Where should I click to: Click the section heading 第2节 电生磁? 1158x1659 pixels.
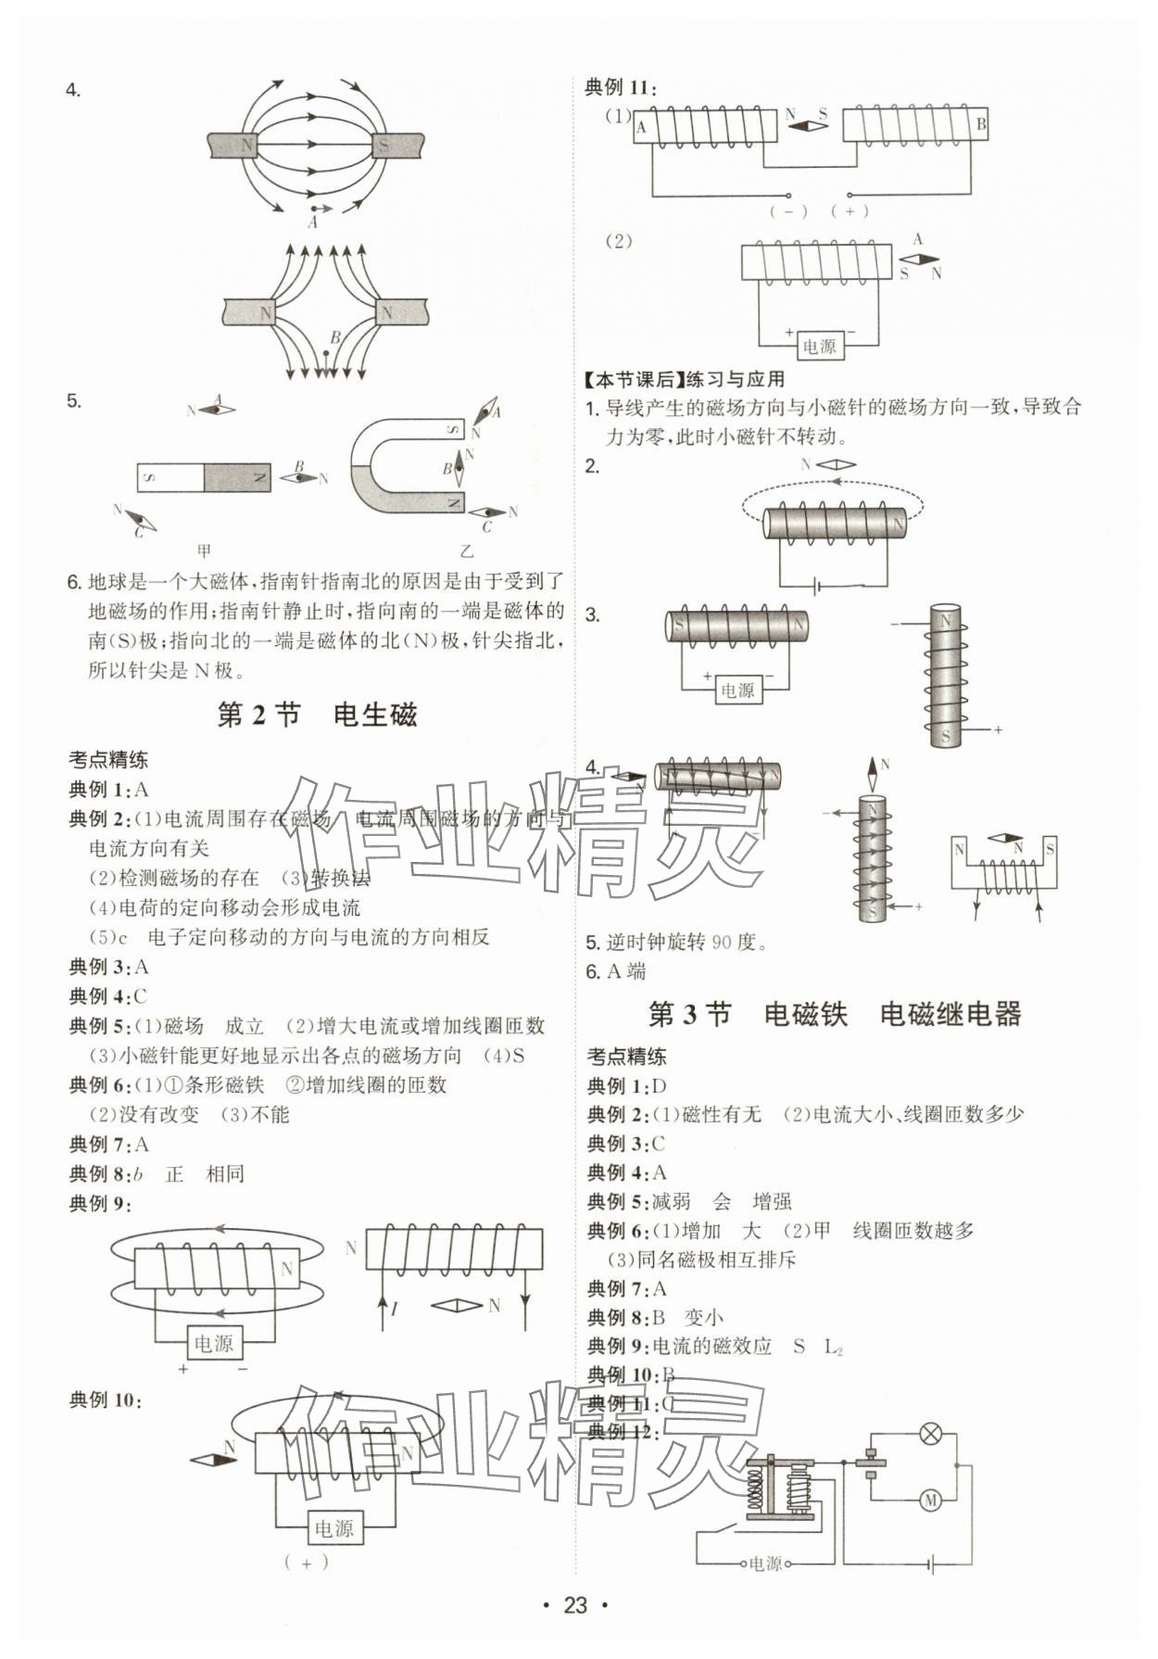[x=316, y=715]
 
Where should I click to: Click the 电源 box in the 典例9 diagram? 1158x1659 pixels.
[x=214, y=1343]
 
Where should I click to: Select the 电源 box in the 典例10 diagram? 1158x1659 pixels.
[x=334, y=1528]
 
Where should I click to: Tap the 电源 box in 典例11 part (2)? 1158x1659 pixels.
[x=819, y=346]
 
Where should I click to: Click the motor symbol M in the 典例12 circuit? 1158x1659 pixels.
[x=929, y=1499]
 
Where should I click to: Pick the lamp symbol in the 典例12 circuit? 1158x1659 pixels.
[x=929, y=1435]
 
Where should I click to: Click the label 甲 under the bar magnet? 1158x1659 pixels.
[x=204, y=551]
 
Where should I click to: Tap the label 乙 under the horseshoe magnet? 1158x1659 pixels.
[x=467, y=551]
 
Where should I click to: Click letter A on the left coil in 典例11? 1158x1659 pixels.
[x=641, y=128]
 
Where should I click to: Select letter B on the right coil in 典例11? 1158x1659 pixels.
[x=981, y=123]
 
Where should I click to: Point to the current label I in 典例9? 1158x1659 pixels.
[x=395, y=1309]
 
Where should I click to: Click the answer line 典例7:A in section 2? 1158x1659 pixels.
[x=109, y=1145]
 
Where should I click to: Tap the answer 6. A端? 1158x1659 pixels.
[x=616, y=971]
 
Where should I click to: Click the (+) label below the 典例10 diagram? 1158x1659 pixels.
[x=306, y=1562]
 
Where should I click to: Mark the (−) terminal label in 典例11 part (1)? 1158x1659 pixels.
[x=788, y=211]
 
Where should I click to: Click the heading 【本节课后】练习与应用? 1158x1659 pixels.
[x=685, y=379]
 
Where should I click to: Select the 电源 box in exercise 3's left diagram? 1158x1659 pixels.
[x=737, y=690]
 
